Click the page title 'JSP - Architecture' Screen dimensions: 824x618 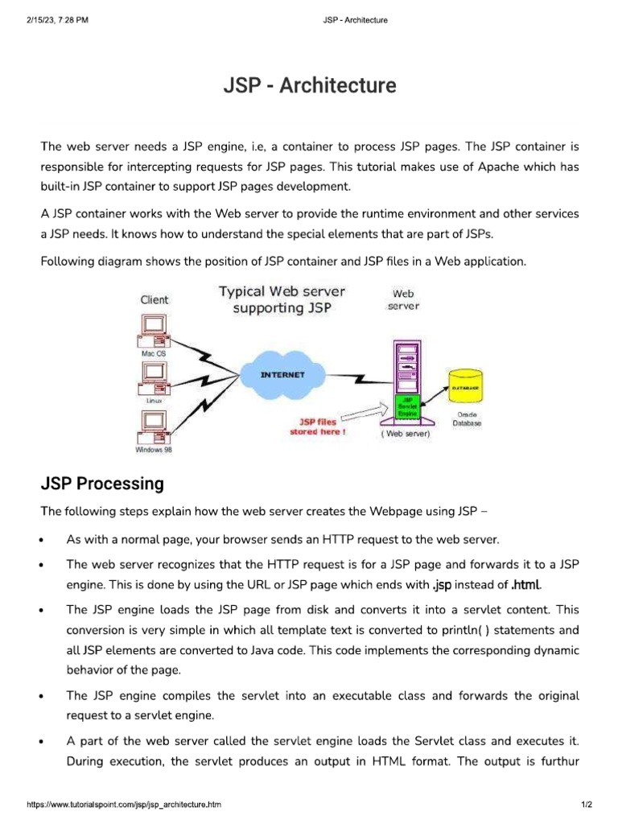pyautogui.click(x=309, y=85)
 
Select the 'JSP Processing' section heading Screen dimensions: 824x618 pyautogui.click(x=102, y=484)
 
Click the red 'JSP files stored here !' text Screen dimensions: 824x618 pyautogui.click(x=318, y=426)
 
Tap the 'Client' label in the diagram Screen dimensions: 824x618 pyautogui.click(x=154, y=299)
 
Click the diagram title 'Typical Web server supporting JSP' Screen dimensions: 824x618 pyautogui.click(x=281, y=299)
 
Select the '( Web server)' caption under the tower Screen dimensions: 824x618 pyautogui.click(x=406, y=434)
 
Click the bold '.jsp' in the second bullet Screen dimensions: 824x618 pyautogui.click(x=441, y=584)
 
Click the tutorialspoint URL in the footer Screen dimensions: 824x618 pyautogui.click(x=124, y=804)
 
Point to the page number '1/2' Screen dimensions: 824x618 pyautogui.click(x=586, y=804)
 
